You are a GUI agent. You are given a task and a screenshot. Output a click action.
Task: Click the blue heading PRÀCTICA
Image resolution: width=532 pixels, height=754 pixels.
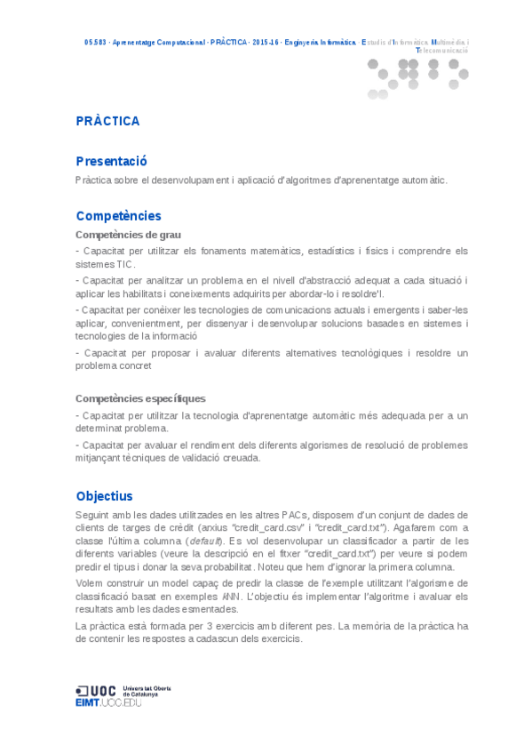click(x=107, y=121)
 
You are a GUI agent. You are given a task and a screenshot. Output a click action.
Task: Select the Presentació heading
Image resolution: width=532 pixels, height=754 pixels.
click(x=111, y=161)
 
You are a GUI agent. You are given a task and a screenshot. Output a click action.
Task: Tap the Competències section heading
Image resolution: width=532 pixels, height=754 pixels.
click(x=118, y=216)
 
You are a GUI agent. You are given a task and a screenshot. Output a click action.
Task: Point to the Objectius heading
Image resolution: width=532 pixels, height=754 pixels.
click(x=104, y=495)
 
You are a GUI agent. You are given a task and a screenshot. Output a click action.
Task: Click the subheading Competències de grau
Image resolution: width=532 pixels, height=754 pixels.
click(x=128, y=235)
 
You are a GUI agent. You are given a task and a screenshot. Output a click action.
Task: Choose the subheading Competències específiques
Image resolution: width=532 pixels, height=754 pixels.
click(x=140, y=398)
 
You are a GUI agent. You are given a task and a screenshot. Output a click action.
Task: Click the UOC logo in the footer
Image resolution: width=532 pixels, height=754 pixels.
click(x=95, y=691)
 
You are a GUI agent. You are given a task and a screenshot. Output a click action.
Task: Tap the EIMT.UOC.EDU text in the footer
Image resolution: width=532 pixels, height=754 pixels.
click(x=107, y=702)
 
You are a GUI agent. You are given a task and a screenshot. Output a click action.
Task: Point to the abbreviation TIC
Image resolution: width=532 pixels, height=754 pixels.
click(x=124, y=264)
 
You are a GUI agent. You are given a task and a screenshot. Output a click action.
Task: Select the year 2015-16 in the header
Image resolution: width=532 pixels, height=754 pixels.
click(x=266, y=42)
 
